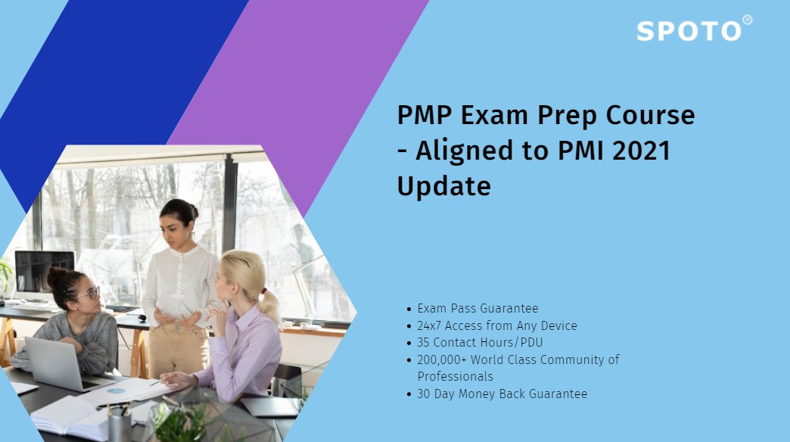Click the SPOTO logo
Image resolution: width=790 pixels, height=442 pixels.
(x=689, y=31)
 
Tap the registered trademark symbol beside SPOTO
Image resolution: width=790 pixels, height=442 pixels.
(x=748, y=20)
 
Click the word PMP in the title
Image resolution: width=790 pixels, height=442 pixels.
(x=425, y=116)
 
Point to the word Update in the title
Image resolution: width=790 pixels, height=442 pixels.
(x=444, y=185)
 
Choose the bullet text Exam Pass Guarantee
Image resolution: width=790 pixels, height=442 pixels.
(x=477, y=308)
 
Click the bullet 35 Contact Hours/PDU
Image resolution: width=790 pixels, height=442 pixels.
(x=480, y=342)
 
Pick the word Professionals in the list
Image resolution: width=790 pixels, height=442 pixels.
(x=455, y=376)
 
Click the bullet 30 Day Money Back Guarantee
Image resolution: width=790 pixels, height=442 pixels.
(x=502, y=394)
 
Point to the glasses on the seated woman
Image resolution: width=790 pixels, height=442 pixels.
(x=89, y=293)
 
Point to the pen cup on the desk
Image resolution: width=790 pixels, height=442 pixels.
(x=120, y=424)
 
